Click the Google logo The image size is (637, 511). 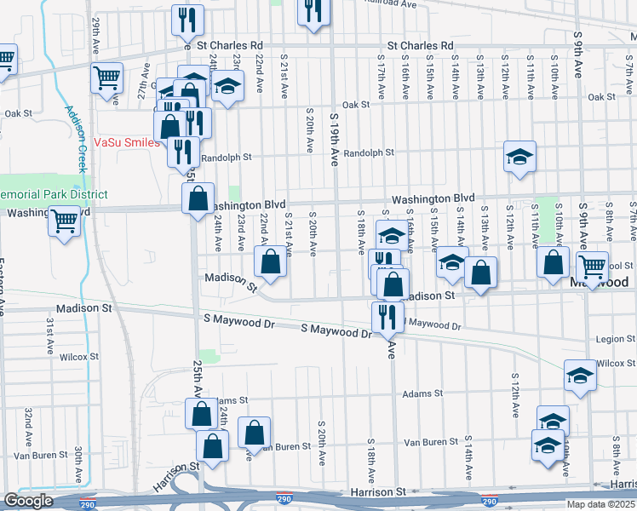point(28,501)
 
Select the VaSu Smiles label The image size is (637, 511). point(126,142)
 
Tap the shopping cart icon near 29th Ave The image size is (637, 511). point(107,78)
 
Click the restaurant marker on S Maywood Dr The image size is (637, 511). point(387,316)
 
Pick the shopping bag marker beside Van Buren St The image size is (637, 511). point(255,433)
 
